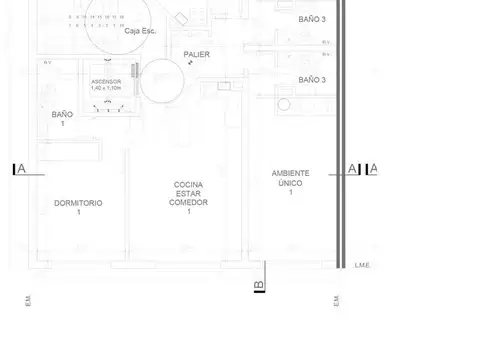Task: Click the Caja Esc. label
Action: (140, 31)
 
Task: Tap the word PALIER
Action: (196, 55)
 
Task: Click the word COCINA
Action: (188, 185)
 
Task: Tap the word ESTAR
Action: (188, 194)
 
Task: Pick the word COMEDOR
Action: (188, 202)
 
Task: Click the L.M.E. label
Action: (362, 265)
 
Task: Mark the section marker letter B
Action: (259, 287)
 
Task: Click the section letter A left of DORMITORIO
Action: (21, 169)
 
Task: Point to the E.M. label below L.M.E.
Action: (338, 301)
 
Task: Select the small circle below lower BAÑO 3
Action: (283, 103)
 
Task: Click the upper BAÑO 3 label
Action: (312, 19)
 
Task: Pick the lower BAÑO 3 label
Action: (312, 79)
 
